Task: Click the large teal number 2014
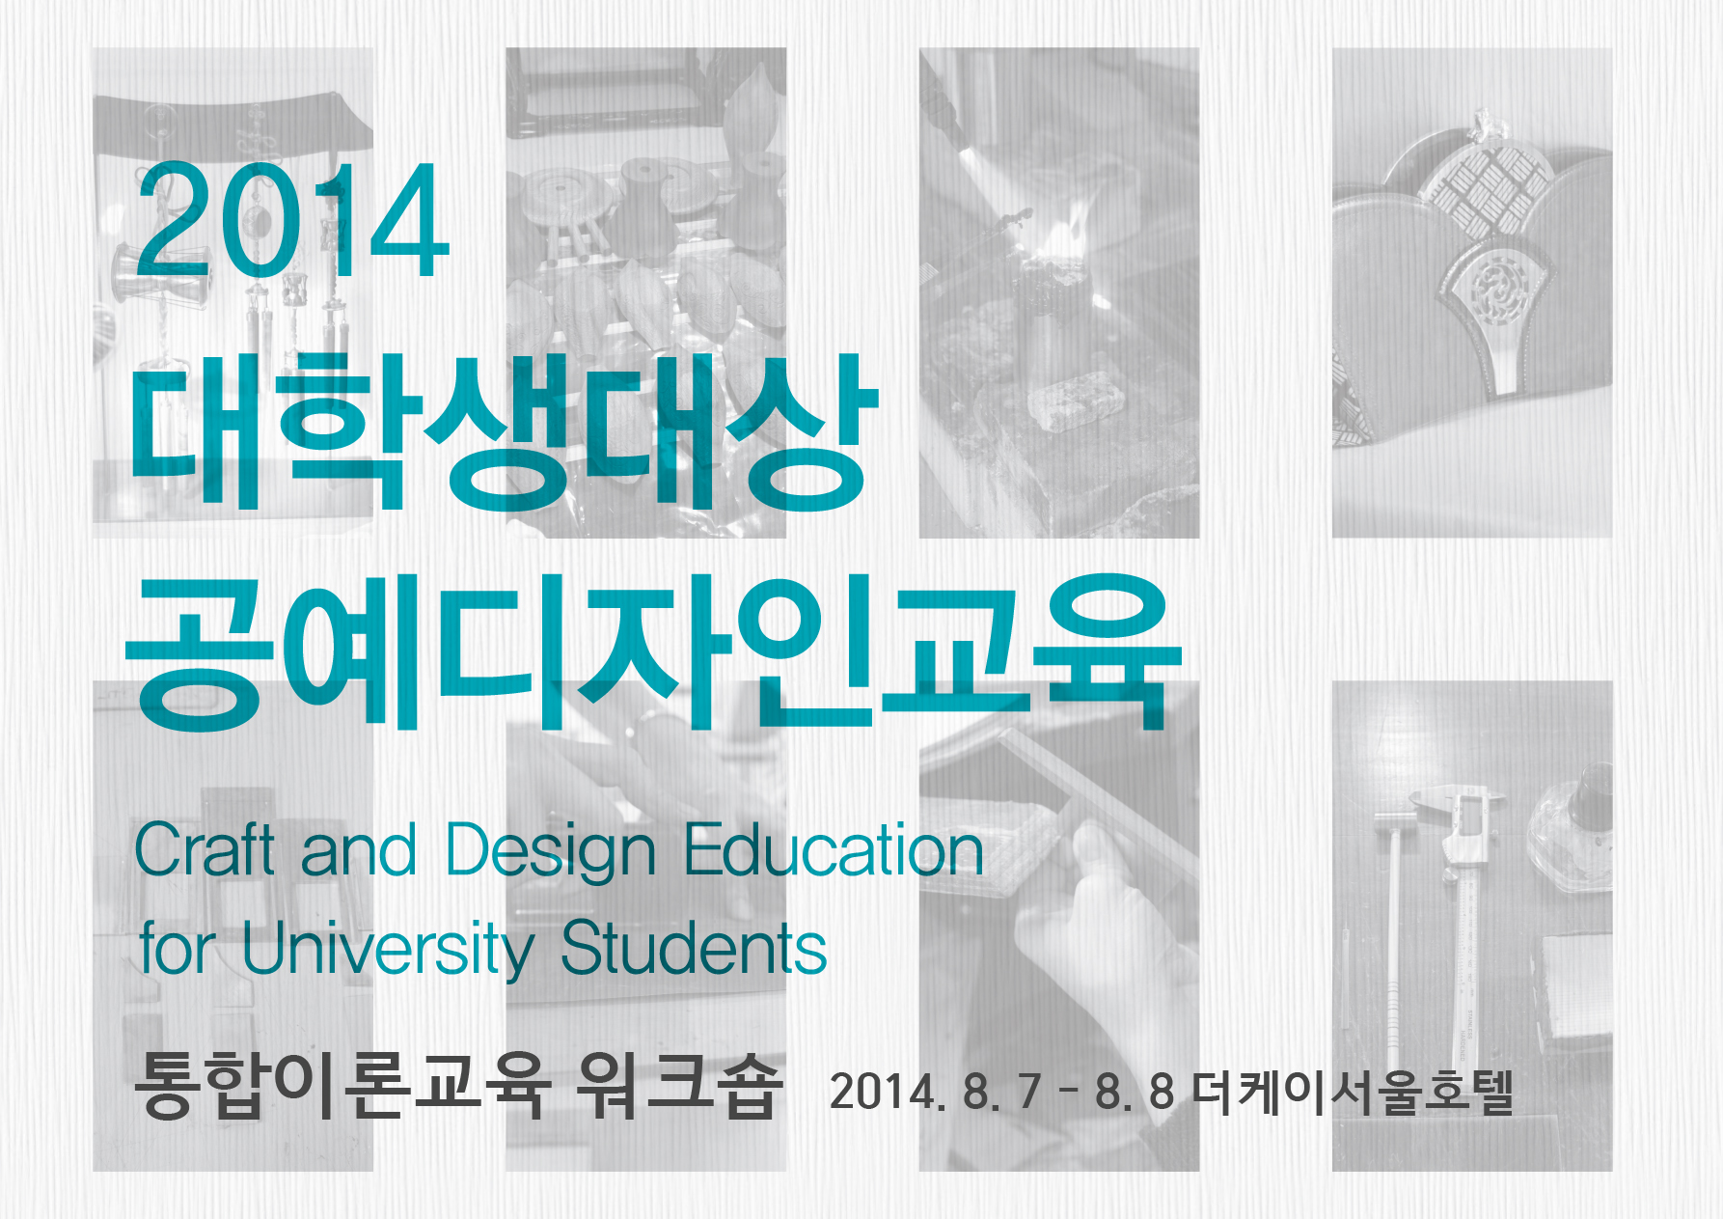pyautogui.click(x=293, y=220)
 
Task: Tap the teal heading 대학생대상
pyautogui.click(x=504, y=432)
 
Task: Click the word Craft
pyautogui.click(x=205, y=850)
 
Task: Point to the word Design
pyautogui.click(x=551, y=853)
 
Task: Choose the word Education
pyautogui.click(x=834, y=850)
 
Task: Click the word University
pyautogui.click(x=387, y=950)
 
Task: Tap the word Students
pyautogui.click(x=694, y=948)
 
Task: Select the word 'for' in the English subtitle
pyautogui.click(x=177, y=948)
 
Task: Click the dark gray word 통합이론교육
pyautogui.click(x=342, y=1087)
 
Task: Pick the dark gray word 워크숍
pyautogui.click(x=678, y=1087)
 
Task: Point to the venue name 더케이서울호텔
pyautogui.click(x=1353, y=1092)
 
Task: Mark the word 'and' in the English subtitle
pyautogui.click(x=359, y=850)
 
